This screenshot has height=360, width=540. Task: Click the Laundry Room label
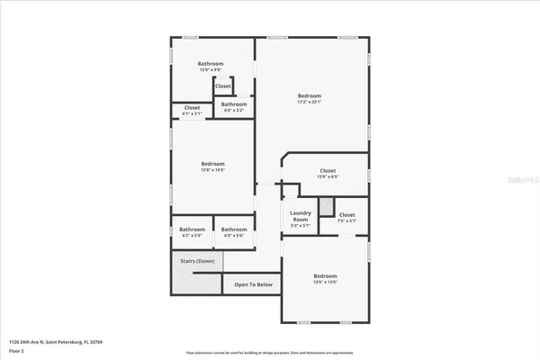point(301,217)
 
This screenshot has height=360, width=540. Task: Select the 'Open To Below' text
point(253,285)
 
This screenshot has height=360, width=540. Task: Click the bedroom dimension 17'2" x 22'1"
point(310,102)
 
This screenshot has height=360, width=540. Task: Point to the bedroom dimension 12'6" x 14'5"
point(211,169)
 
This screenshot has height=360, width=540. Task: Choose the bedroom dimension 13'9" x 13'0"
point(325,282)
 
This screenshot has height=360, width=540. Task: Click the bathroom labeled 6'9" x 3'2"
point(234,105)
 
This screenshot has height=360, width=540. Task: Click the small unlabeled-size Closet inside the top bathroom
point(223,86)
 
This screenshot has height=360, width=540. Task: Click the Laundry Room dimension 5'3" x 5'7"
point(301,226)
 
